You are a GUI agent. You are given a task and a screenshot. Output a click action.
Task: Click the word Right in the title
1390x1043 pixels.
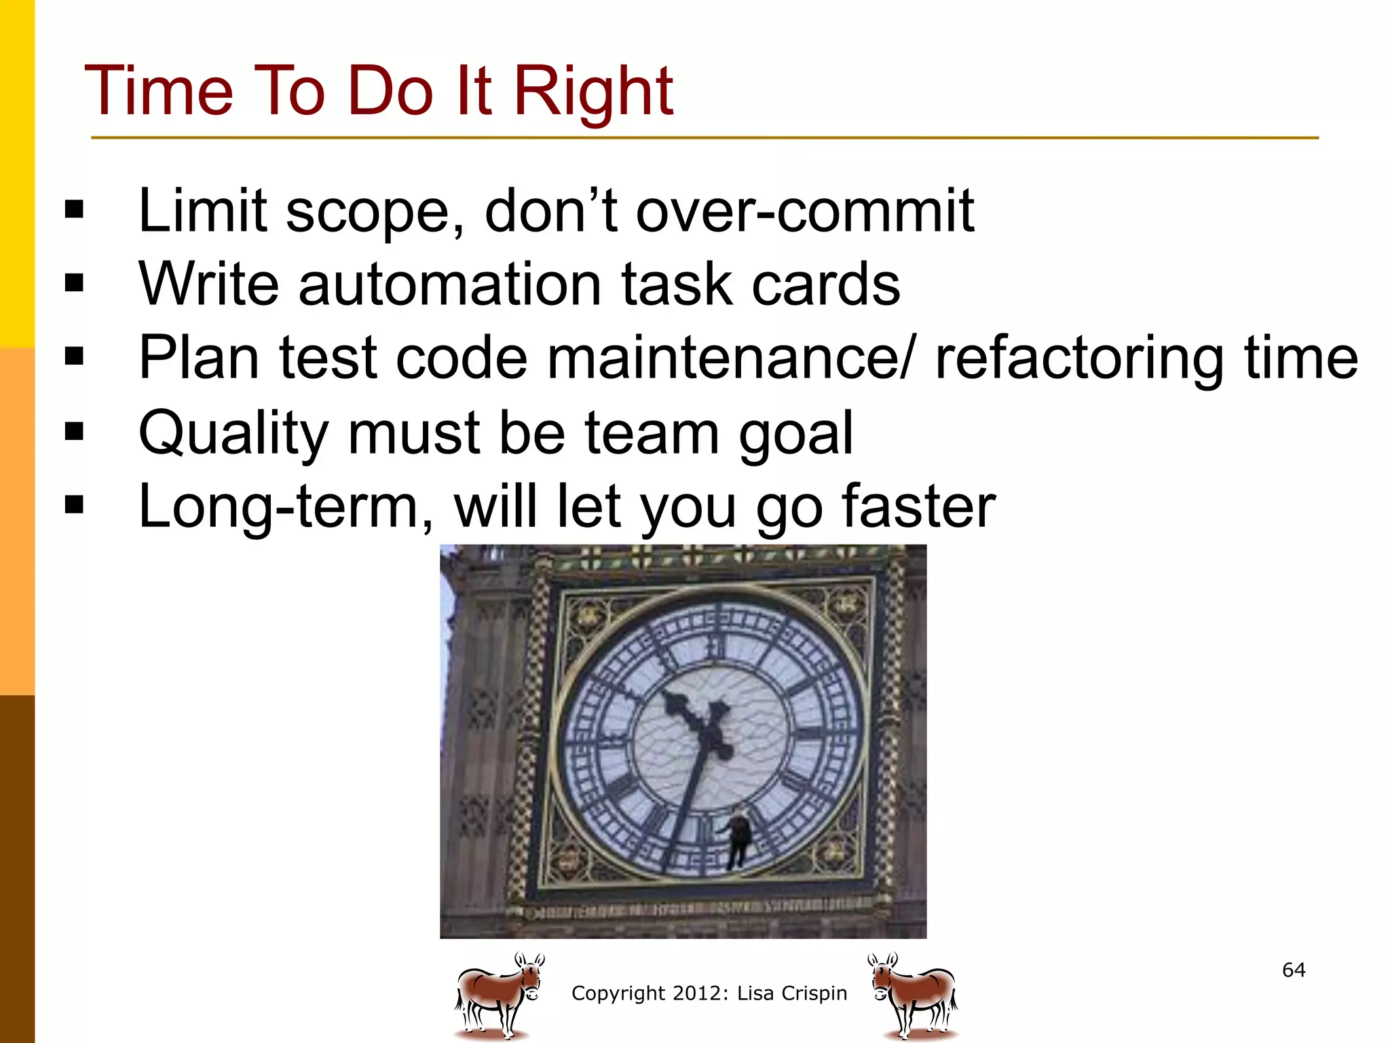(593, 91)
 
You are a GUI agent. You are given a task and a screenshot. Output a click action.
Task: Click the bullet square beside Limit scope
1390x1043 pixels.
(74, 210)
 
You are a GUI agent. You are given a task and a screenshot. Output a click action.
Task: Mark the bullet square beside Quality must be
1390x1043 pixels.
(74, 431)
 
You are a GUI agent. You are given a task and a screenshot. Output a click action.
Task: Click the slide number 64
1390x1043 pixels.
(1294, 970)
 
